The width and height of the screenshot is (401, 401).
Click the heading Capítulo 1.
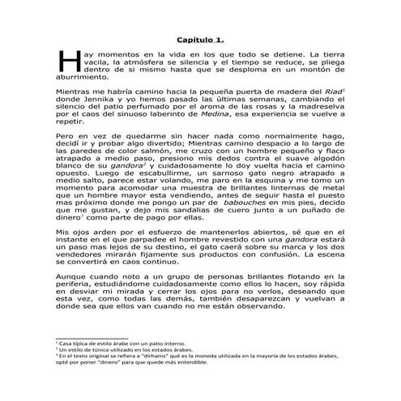tap(200, 39)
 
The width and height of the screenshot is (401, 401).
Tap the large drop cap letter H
tap(66, 62)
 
